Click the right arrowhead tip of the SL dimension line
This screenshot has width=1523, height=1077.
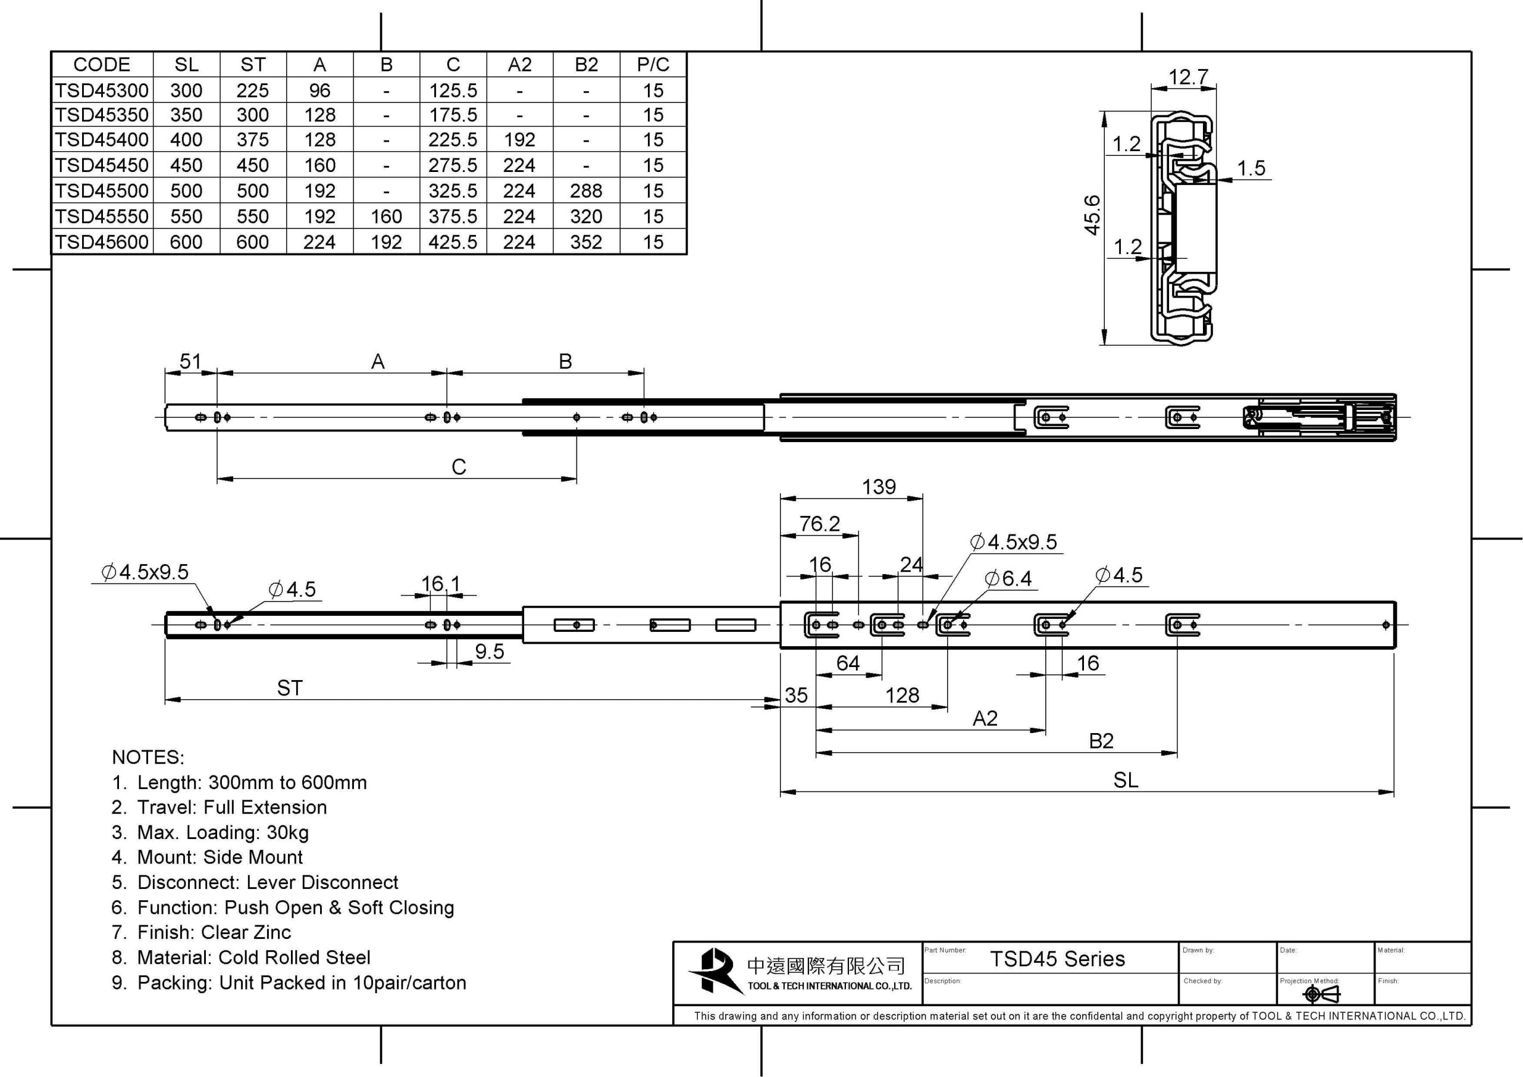tap(1394, 791)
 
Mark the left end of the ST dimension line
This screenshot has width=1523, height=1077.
tap(165, 699)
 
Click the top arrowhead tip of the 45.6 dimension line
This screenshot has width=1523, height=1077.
tap(1104, 111)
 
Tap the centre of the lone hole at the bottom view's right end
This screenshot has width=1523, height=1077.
tap(1386, 624)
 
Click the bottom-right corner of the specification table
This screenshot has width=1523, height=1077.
tap(687, 254)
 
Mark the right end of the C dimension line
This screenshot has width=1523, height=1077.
tap(576, 478)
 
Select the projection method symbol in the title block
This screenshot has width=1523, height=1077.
tap(1321, 993)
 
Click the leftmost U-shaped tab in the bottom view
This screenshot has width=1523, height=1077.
tap(821, 624)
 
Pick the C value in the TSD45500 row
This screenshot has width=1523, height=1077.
tap(453, 191)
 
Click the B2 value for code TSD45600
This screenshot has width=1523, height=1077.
tap(587, 242)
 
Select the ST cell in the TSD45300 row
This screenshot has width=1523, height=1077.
tap(253, 90)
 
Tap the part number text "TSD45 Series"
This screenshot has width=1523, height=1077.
tap(1057, 959)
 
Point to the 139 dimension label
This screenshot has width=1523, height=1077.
tap(879, 487)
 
